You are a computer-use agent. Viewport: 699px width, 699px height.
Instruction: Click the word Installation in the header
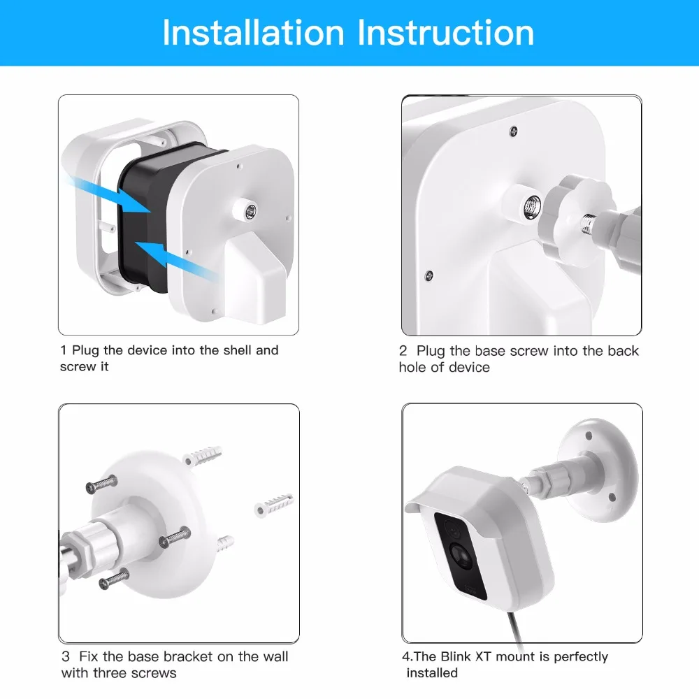tap(253, 33)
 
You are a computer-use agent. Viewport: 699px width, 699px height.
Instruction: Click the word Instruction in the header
tap(446, 33)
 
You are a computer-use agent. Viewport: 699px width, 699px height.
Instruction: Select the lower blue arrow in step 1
tap(178, 261)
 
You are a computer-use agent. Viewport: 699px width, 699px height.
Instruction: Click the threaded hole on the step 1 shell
tap(250, 210)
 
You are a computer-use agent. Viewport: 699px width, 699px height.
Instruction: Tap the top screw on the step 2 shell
tap(514, 131)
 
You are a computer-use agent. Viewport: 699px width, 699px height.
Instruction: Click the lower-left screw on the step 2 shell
tap(429, 275)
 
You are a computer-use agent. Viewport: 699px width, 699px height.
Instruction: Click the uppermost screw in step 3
tap(101, 484)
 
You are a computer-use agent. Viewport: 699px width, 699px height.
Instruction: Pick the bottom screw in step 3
tap(114, 579)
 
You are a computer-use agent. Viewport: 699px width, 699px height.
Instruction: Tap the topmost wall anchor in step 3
tap(203, 455)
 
